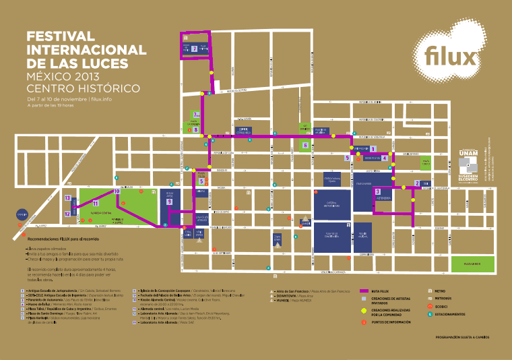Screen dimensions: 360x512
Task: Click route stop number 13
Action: [68, 198]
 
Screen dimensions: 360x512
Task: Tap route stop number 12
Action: [67, 214]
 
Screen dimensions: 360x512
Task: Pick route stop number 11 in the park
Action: [96, 202]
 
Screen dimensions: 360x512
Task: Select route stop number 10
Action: [117, 191]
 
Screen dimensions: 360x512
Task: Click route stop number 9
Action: [170, 202]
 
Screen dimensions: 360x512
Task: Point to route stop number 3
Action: [377, 191]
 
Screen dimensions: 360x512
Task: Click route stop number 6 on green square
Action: [305, 144]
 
